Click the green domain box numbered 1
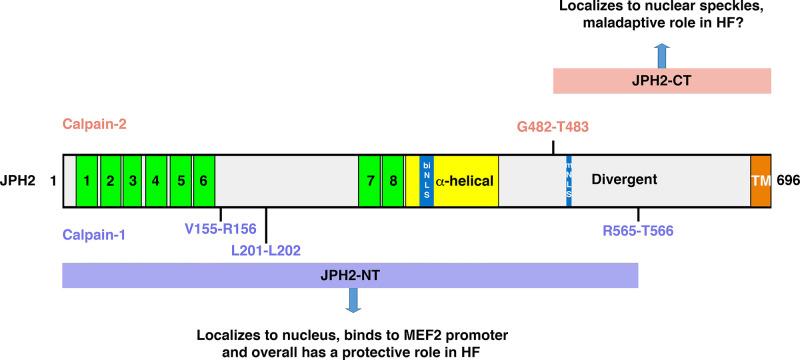coord(87,181)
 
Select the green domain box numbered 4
coord(156,181)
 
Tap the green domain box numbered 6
coord(204,181)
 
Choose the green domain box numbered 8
coord(393,181)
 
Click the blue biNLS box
coord(426,181)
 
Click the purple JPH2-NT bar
coord(350,275)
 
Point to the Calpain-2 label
coord(95,125)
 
